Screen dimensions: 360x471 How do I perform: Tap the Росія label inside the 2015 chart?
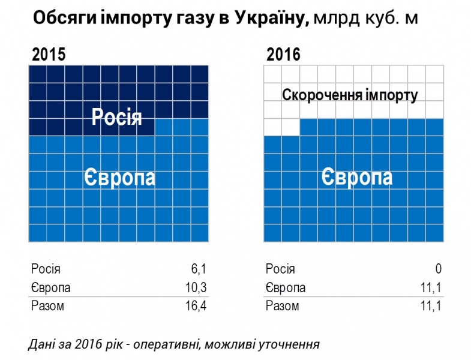[116, 117]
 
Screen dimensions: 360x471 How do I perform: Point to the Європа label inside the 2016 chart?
[356, 177]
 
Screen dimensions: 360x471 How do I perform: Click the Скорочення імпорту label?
[350, 95]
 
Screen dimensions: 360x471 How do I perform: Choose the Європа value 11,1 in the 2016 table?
[432, 288]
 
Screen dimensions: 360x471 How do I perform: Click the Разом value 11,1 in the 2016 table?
[432, 307]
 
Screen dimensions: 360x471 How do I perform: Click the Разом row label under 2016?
[282, 307]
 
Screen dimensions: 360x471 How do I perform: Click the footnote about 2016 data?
[173, 344]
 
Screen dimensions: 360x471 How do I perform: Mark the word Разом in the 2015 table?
[47, 307]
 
